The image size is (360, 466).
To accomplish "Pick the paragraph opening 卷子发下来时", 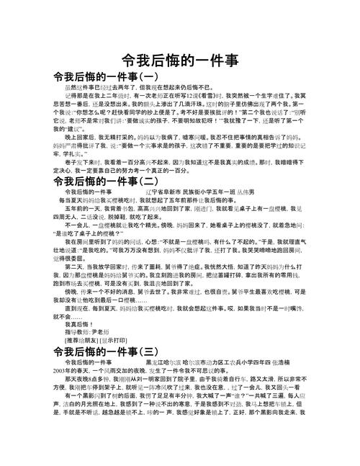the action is coord(81,183).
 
